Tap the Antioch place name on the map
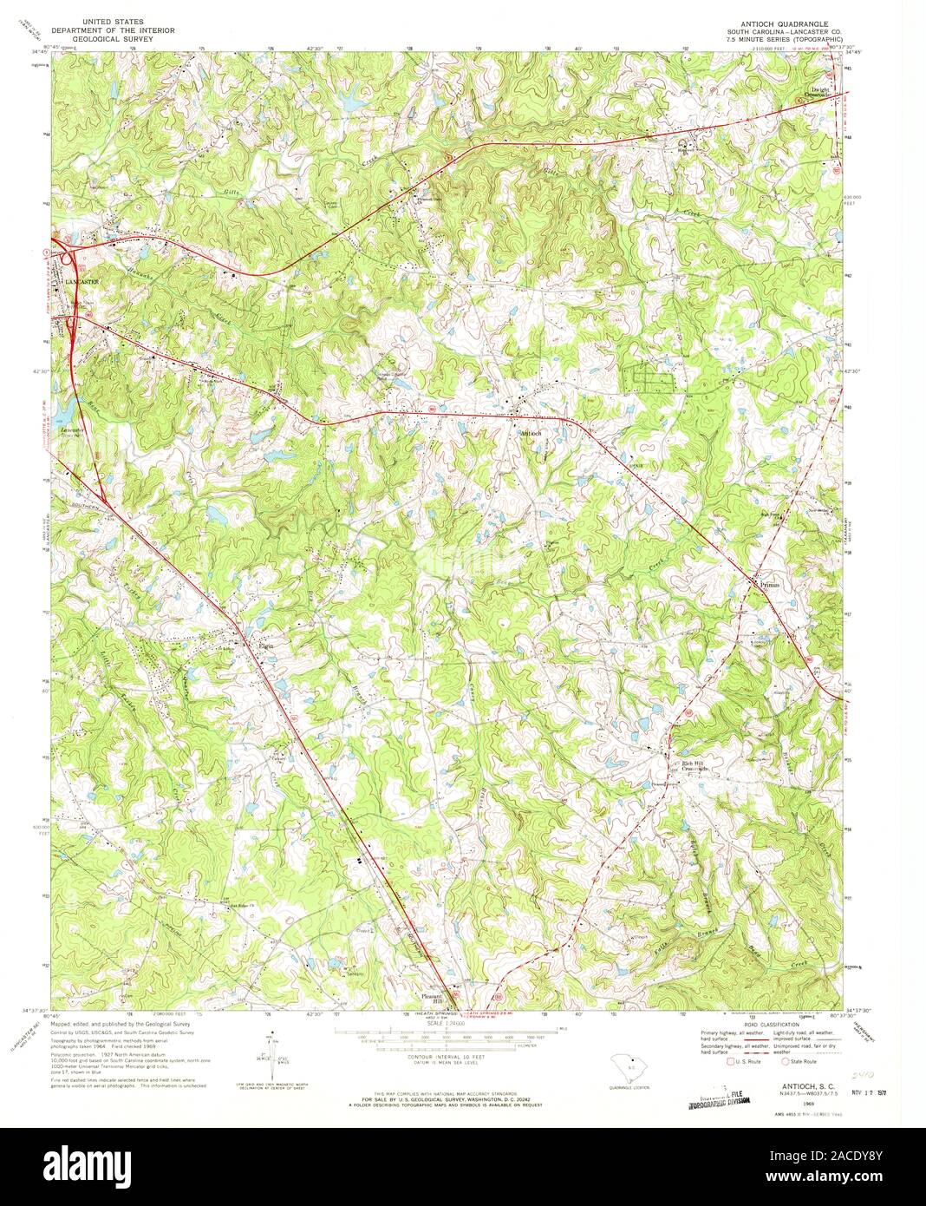point(531,432)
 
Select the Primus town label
point(771,585)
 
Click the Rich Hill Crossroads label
point(694,765)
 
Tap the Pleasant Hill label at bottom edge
point(432,998)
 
